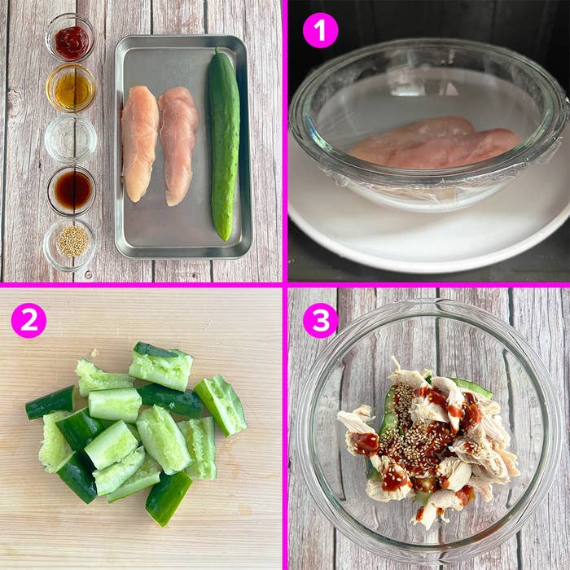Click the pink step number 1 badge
320,30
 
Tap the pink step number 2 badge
28,320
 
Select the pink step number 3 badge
320,320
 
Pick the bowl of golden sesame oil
72,88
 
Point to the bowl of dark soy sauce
72,190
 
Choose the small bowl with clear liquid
71,138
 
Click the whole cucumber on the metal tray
223,144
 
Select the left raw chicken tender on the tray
139,143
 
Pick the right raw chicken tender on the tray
178,146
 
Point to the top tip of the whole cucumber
217,48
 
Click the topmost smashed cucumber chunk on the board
161,366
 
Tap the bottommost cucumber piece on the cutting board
169,498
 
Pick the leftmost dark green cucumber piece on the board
50,402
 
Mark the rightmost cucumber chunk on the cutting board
221,405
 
